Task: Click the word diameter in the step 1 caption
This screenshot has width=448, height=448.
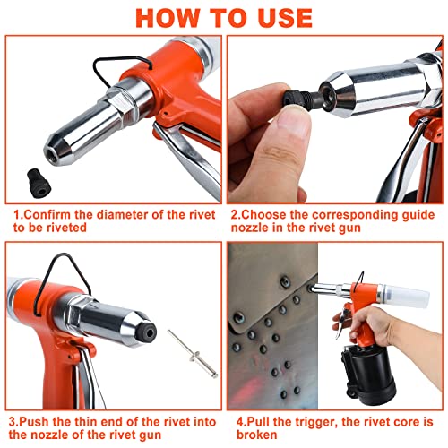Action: tap(126, 216)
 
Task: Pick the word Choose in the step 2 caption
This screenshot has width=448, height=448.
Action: tap(267, 216)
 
